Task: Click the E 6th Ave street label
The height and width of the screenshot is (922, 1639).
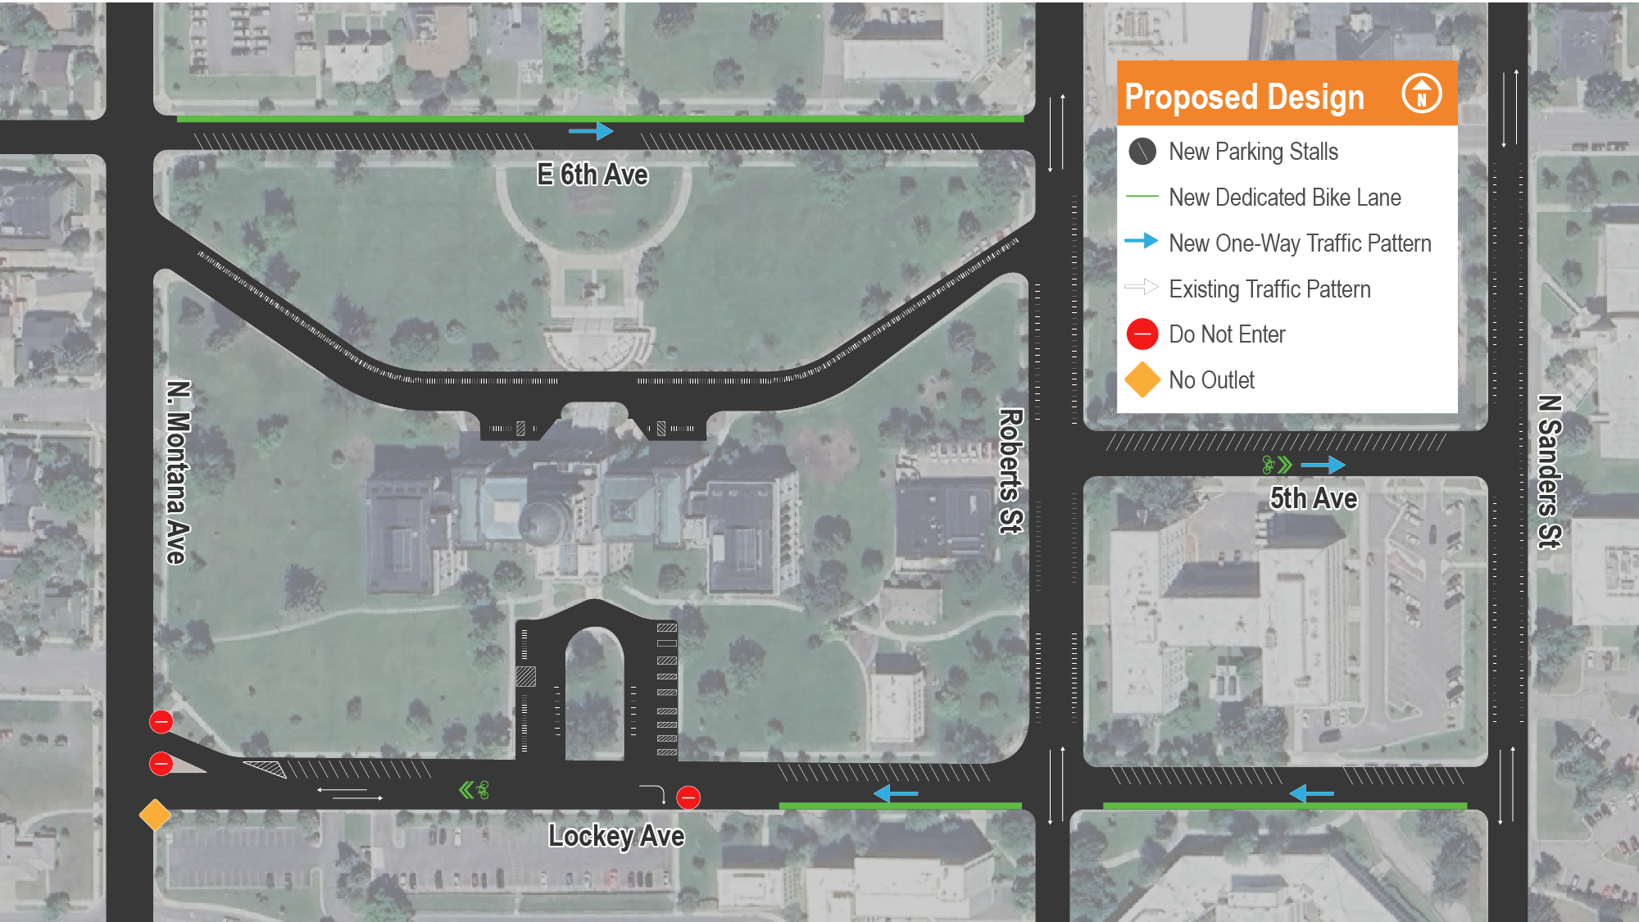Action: coord(592,175)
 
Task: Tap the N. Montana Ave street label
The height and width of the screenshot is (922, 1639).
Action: coord(178,472)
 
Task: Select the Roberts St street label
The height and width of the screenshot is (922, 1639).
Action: coord(1011,471)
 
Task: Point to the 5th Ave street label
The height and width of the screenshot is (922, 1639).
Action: coord(1313,498)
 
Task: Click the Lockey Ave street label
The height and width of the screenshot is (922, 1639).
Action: coord(616,836)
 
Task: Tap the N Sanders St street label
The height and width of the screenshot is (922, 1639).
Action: coord(1549,471)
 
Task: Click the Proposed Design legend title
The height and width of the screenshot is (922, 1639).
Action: coord(1244,97)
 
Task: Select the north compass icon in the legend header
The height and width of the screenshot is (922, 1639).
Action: coord(1421,93)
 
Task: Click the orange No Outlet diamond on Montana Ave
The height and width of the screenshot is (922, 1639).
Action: coord(155,815)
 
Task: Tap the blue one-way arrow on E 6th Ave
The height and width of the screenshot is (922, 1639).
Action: coord(591,131)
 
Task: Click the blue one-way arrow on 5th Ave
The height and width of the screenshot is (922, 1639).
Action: coord(1323,466)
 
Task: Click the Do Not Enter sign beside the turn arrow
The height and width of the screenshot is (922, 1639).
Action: coord(688,797)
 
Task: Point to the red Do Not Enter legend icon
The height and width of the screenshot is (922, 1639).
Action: coord(1142,334)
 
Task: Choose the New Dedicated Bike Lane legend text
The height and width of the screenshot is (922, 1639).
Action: coord(1284,198)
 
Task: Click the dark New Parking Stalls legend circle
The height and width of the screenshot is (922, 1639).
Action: coord(1142,151)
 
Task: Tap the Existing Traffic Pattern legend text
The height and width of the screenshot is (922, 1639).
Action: coord(1269,289)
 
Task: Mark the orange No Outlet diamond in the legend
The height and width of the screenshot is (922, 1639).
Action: coord(1142,380)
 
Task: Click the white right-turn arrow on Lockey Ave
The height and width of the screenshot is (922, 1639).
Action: coord(653,793)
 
